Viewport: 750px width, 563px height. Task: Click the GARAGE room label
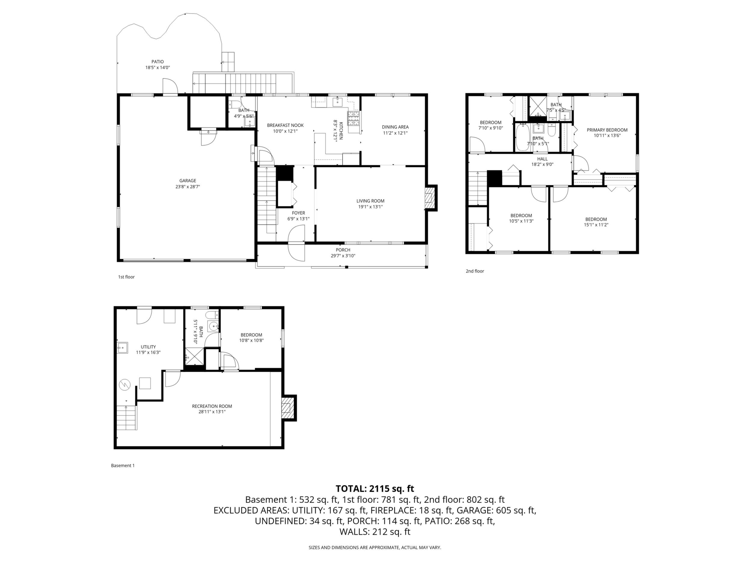188,181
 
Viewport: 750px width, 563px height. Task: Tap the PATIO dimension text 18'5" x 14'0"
158,68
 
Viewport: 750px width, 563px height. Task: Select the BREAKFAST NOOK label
285,125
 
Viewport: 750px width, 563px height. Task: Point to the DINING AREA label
395,127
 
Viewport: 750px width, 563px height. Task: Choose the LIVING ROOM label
370,201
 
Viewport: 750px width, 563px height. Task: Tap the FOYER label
298,213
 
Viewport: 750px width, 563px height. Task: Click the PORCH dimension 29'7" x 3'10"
343,256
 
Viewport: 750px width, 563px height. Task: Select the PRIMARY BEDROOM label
607,130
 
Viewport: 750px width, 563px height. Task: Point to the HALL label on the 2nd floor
542,159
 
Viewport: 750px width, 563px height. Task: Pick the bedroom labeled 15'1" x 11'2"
596,219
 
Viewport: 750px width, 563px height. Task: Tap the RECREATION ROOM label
212,406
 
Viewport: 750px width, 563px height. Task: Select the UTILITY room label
148,347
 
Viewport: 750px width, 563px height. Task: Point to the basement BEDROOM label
252,335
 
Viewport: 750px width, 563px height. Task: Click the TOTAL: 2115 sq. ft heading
375,489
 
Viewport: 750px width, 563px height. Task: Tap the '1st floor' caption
126,277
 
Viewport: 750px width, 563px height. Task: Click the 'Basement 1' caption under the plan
123,466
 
